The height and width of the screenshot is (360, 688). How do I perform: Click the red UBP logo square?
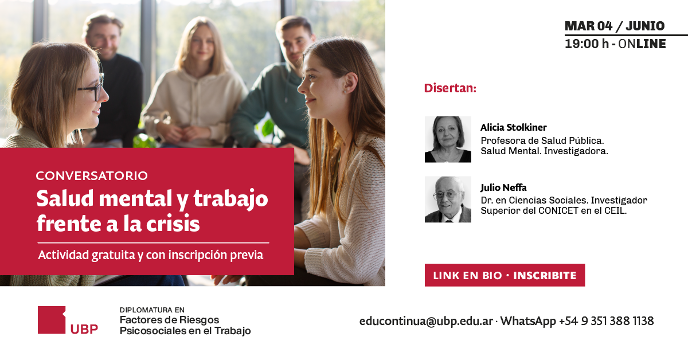point(52,320)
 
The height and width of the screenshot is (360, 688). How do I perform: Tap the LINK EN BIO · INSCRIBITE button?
point(505,275)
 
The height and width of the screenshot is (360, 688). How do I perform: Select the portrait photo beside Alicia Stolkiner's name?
point(448,139)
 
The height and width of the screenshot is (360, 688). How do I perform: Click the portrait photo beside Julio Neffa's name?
point(448,199)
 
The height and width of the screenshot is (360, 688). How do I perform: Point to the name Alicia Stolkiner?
point(514,127)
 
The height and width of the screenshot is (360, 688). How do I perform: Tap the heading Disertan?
point(450,88)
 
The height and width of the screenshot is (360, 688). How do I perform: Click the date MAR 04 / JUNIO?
point(615,26)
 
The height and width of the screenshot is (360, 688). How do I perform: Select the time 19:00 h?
point(587,44)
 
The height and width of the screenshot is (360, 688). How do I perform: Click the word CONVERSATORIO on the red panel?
point(92,175)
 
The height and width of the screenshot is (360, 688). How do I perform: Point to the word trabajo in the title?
point(230,199)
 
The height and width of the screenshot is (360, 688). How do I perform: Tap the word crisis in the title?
point(173,224)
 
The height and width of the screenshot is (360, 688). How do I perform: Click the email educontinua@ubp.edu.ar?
point(426,321)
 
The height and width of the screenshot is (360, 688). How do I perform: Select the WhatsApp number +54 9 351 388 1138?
point(607,321)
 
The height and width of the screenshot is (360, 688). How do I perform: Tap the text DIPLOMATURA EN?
point(152,310)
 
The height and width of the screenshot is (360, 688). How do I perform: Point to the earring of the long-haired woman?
point(345,92)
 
